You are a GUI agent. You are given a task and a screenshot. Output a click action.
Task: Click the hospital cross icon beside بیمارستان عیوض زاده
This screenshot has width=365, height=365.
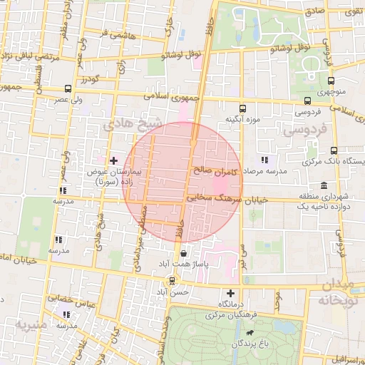[x=113, y=160]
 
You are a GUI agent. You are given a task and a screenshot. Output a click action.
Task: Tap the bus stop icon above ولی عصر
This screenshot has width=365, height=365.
[x=68, y=89]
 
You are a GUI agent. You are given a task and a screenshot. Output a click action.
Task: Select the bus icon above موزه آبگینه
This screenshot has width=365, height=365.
[x=243, y=109]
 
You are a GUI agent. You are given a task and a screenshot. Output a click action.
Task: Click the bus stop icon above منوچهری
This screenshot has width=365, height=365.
[x=331, y=81]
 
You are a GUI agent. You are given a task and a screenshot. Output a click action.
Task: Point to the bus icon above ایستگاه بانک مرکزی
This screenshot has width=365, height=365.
[x=334, y=150]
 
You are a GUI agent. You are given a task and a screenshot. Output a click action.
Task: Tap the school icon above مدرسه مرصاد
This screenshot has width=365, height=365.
[x=264, y=160]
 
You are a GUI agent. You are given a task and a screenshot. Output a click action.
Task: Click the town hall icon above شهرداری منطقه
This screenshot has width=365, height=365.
[x=324, y=185]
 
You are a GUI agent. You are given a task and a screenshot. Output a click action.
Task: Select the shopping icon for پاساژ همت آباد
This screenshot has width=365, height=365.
[x=184, y=252]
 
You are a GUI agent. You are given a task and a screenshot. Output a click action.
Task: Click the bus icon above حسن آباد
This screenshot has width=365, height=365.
[x=172, y=281]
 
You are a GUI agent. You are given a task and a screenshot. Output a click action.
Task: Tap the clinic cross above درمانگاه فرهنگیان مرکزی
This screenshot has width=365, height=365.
[x=230, y=293]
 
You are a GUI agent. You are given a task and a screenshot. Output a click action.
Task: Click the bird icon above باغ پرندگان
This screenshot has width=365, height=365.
[x=250, y=333]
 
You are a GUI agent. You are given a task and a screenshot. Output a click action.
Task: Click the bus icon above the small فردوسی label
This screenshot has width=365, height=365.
[x=307, y=101]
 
